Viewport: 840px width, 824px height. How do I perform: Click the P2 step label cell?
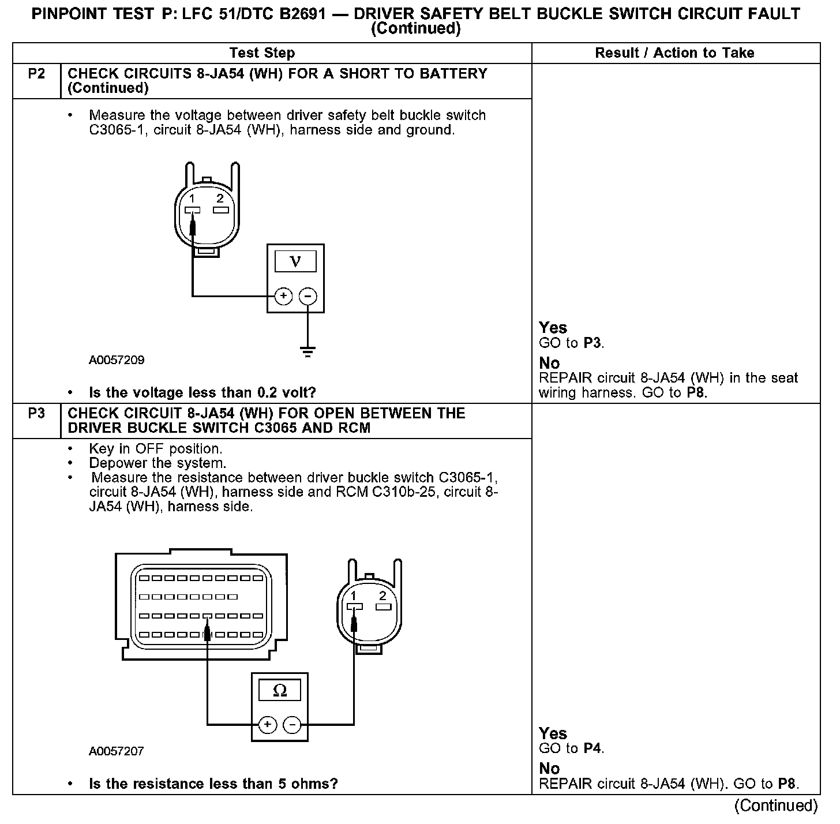coord(36,74)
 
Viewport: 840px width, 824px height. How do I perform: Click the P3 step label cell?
coord(36,414)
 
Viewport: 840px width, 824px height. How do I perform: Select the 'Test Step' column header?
coord(262,53)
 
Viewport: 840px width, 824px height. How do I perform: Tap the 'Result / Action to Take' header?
coord(674,53)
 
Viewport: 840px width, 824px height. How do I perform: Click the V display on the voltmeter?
coord(295,261)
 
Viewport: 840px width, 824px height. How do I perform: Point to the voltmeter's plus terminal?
coord(283,297)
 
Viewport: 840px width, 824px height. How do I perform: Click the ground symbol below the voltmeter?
coord(308,351)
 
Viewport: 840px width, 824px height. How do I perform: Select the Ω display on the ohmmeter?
coord(279,690)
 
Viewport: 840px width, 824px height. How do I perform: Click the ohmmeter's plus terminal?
coord(267,725)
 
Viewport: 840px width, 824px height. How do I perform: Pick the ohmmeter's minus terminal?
coord(292,725)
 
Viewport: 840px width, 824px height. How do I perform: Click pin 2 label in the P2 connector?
coord(220,198)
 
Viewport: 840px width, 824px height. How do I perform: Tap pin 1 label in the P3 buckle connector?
coord(354,595)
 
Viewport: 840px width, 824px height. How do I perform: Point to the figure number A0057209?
coord(117,360)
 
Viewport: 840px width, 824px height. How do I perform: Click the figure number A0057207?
coord(117,751)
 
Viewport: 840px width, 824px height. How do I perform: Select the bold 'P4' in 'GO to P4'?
coord(593,749)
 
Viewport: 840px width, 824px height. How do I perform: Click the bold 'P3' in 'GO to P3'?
coord(593,343)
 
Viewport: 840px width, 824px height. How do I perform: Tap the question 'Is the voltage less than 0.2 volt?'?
coord(202,393)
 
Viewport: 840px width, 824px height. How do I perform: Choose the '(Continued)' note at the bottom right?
coord(776,806)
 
